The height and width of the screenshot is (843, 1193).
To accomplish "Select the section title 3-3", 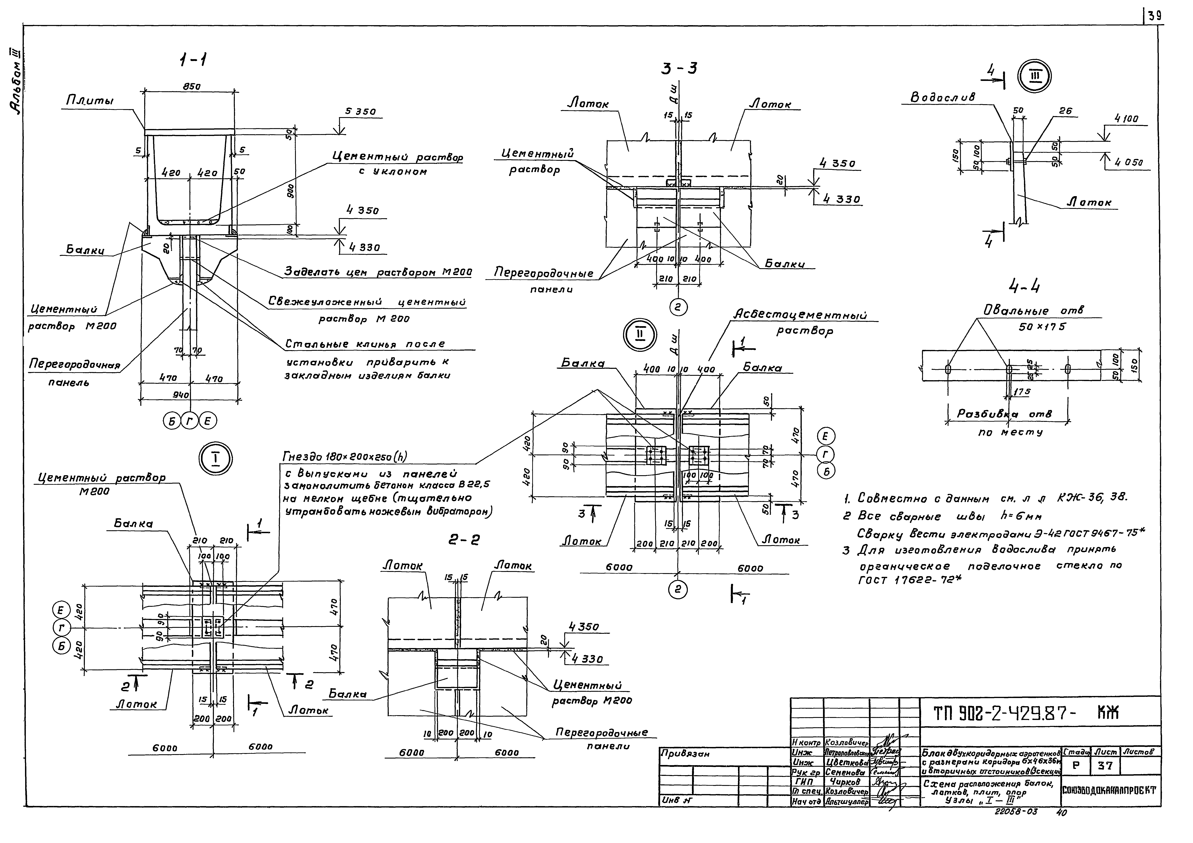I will click(679, 68).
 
